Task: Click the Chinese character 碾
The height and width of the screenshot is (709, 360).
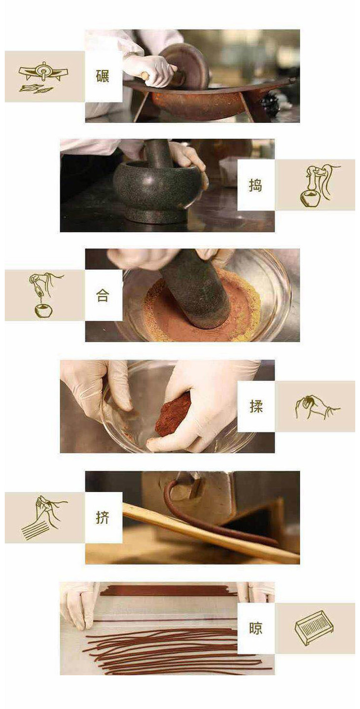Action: click(x=102, y=76)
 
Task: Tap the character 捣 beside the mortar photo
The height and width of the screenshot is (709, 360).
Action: click(x=255, y=185)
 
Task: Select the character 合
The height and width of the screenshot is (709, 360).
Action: click(x=102, y=295)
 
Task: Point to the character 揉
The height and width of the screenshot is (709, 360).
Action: click(x=255, y=406)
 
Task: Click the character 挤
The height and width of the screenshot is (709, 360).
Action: click(x=102, y=517)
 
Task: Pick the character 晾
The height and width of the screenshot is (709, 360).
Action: click(x=255, y=628)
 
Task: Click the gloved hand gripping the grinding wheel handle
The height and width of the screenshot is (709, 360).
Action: click(x=149, y=70)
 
